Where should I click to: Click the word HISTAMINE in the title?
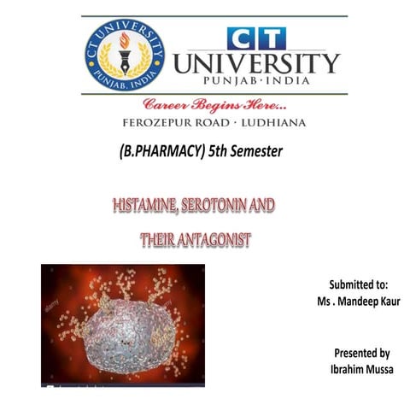[x=149, y=207]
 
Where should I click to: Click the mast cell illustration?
[x=122, y=325]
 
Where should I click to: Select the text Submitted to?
[x=359, y=285]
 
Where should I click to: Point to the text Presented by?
[x=361, y=352]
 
